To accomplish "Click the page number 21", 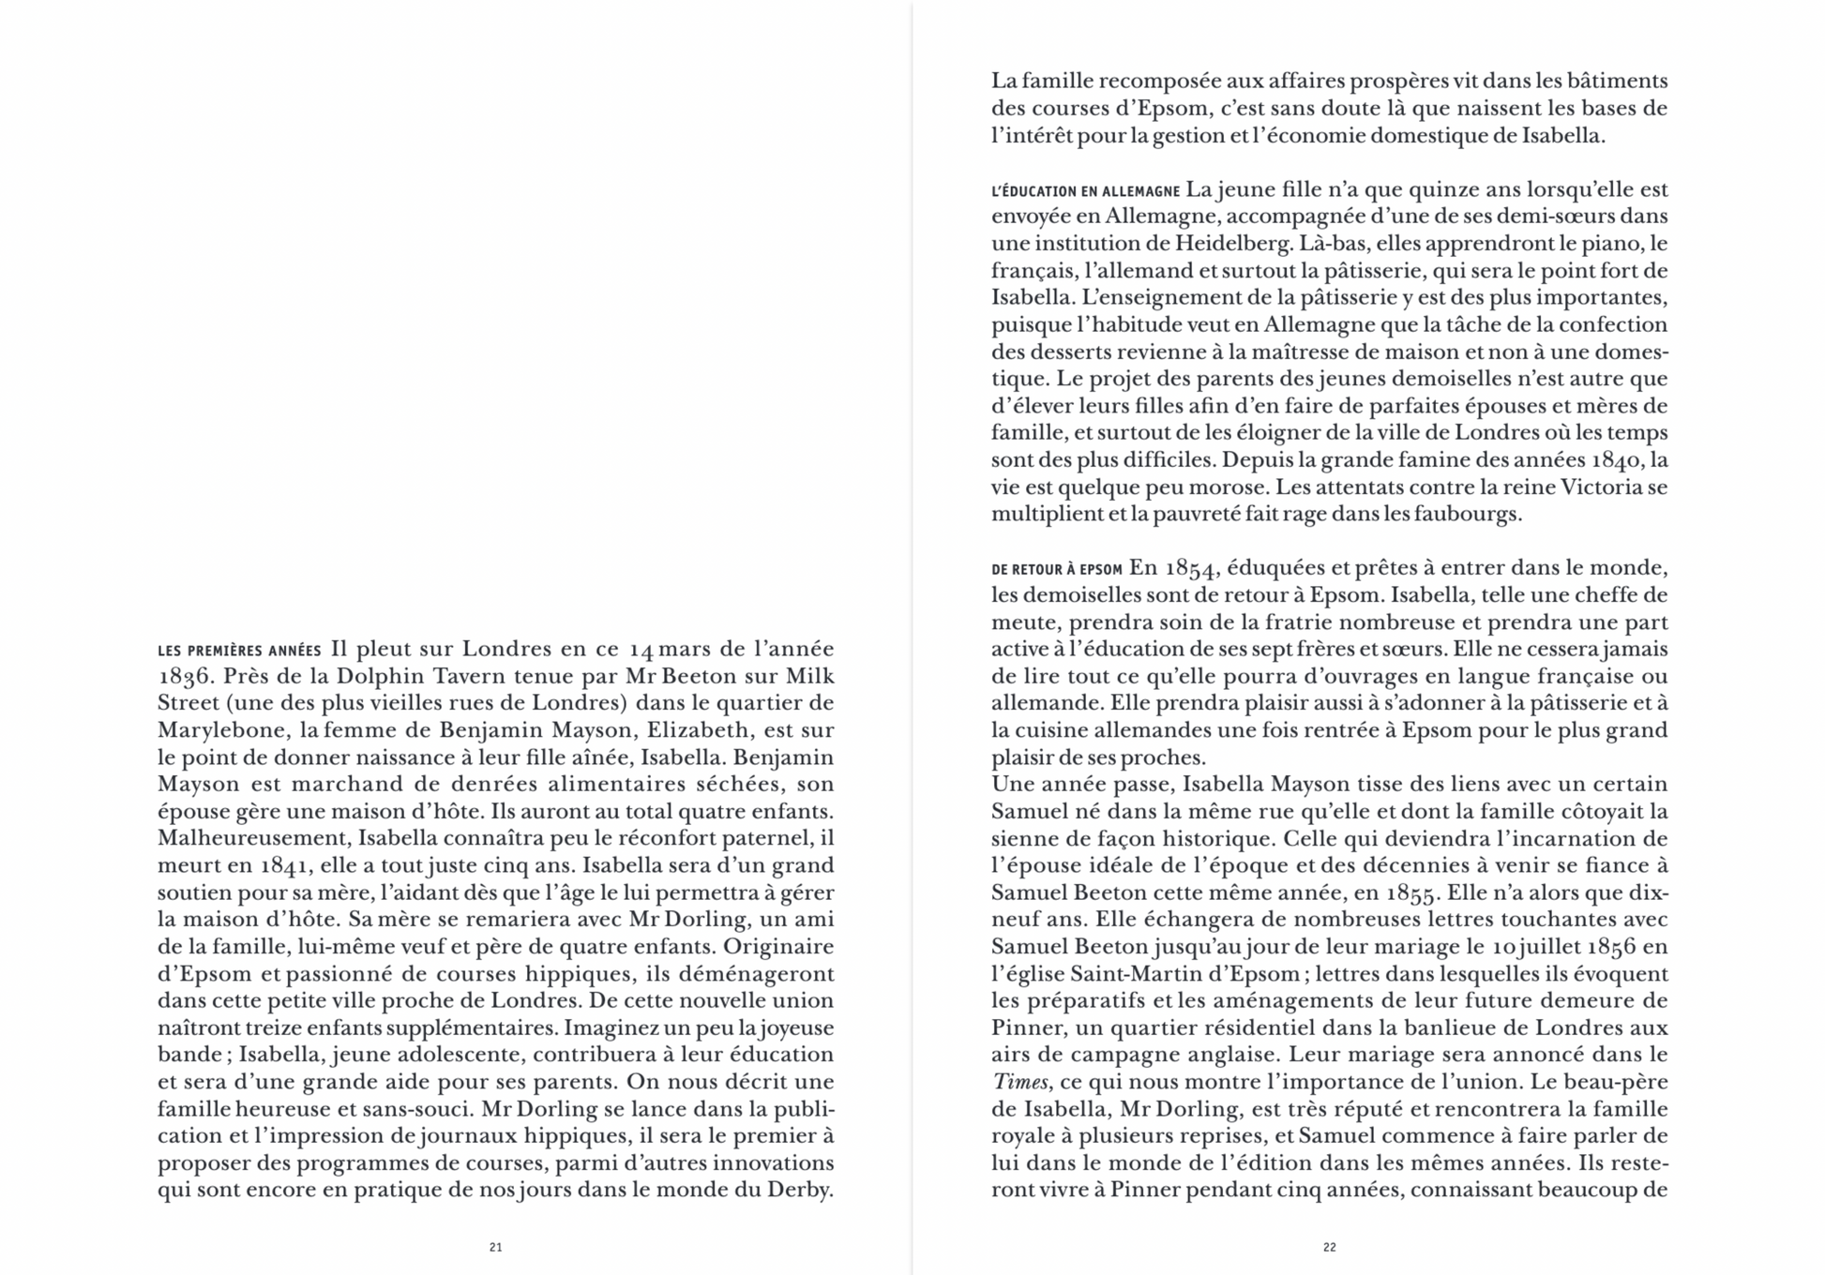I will tap(496, 1247).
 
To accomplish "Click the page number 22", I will tap(1329, 1247).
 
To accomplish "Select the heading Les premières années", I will tap(239, 651).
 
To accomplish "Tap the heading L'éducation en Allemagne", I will tap(1085, 191).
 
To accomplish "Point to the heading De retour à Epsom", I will tap(1057, 569).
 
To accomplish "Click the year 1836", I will tap(184, 677).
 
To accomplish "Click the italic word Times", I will tap(1019, 1082).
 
